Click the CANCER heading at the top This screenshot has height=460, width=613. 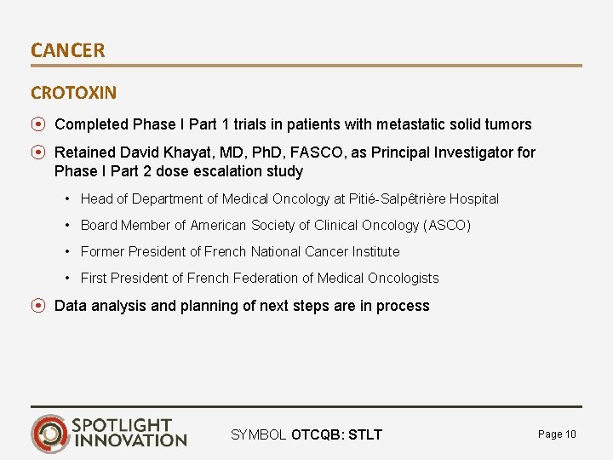pyautogui.click(x=68, y=50)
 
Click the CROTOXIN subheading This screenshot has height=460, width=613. pyautogui.click(x=74, y=92)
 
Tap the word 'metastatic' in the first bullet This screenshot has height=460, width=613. pyautogui.click(x=409, y=124)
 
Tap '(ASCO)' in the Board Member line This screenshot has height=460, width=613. pyautogui.click(x=447, y=225)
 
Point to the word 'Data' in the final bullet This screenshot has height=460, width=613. pyautogui.click(x=70, y=306)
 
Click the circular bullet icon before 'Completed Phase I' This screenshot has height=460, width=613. pyautogui.click(x=38, y=124)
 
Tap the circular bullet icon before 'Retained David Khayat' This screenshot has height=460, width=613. pyautogui.click(x=38, y=152)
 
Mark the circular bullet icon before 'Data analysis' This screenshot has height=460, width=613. pyautogui.click(x=38, y=306)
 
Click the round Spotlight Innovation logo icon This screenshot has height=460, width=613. pyautogui.click(x=50, y=433)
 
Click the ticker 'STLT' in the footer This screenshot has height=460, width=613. pyautogui.click(x=364, y=435)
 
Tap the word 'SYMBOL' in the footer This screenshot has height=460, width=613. pyautogui.click(x=259, y=435)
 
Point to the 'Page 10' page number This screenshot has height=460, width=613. pyautogui.click(x=557, y=434)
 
